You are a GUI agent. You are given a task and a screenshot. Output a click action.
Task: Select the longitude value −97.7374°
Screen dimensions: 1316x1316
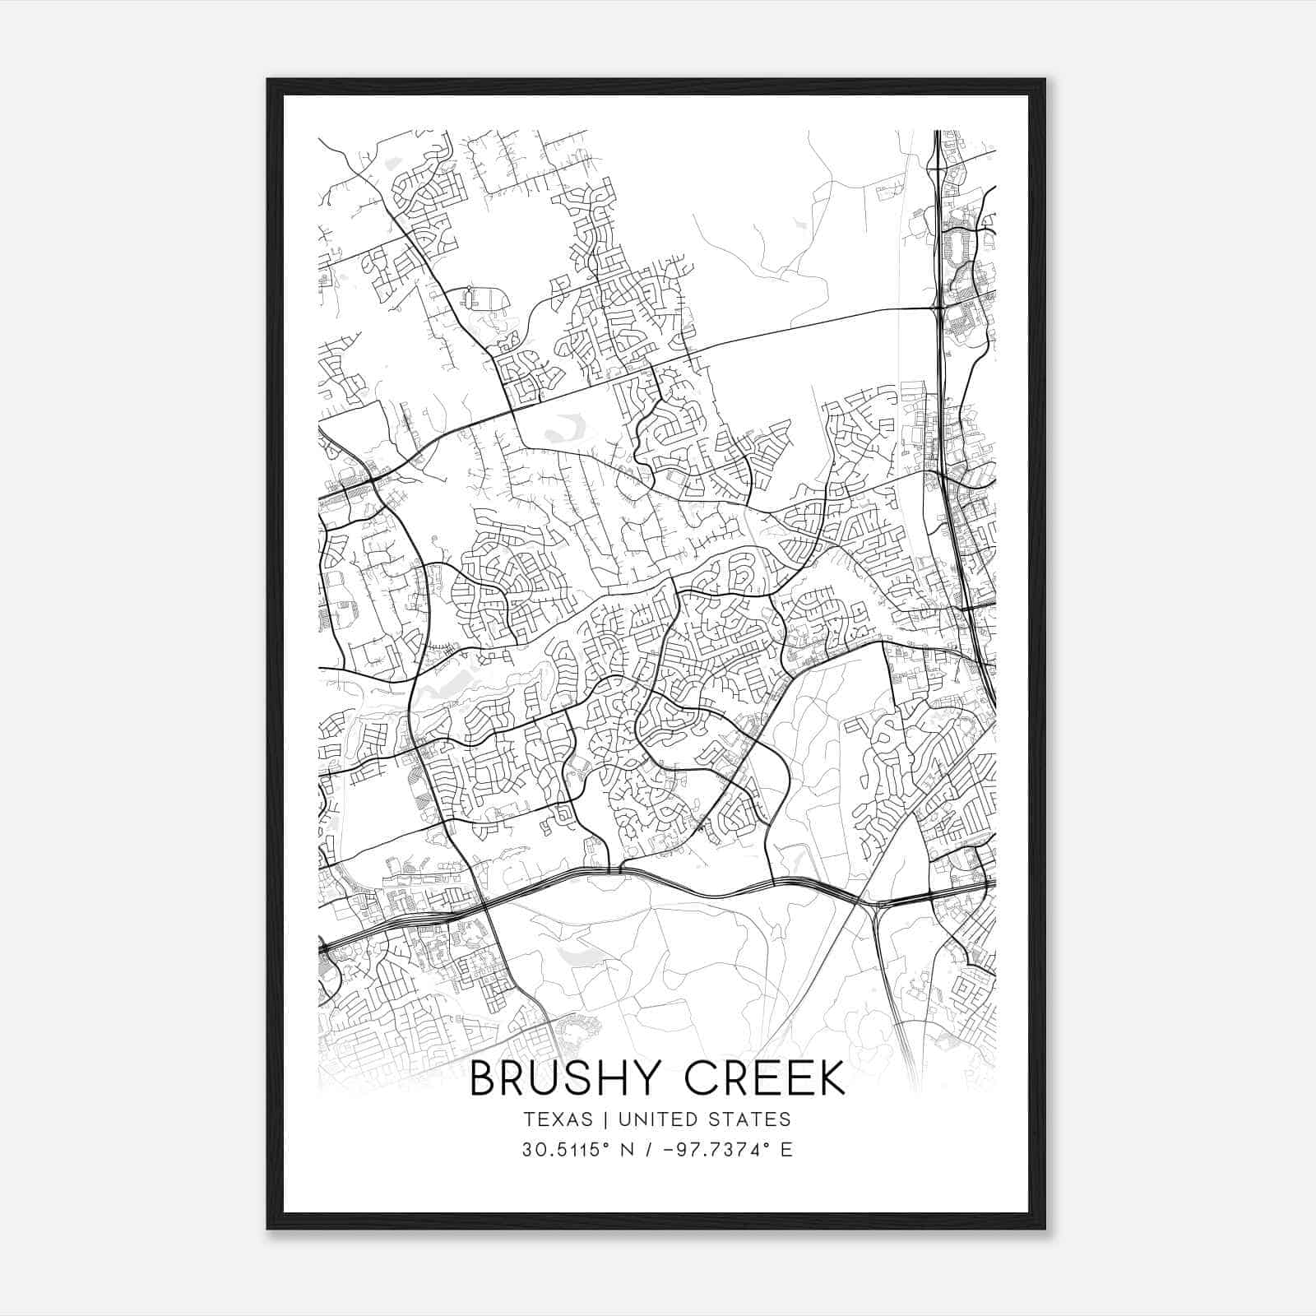coord(717,1150)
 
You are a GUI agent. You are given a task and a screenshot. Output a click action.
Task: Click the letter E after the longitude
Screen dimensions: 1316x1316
coord(787,1150)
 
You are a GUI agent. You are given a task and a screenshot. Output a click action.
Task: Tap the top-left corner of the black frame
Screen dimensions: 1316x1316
coord(268,80)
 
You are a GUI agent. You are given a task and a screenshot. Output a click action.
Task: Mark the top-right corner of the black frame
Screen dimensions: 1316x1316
coord(1044,80)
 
